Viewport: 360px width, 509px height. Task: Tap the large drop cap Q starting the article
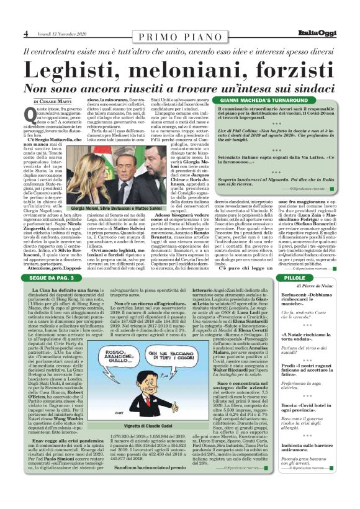29,114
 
